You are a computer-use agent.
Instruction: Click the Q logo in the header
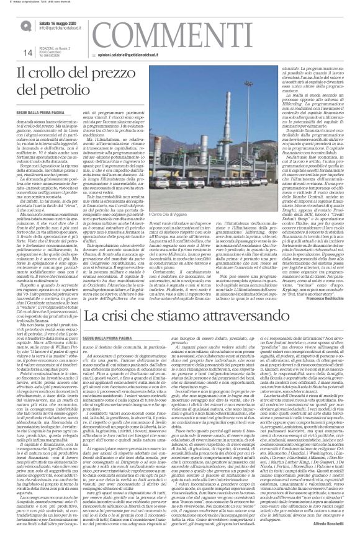coord(24,24)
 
